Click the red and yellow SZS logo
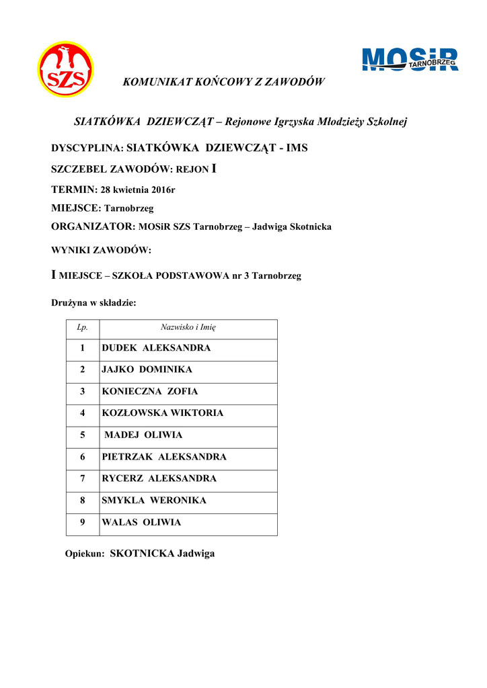pyautogui.click(x=65, y=70)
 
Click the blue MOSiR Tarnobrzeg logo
pyautogui.click(x=410, y=60)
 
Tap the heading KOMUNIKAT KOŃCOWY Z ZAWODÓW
pyautogui.click(x=223, y=82)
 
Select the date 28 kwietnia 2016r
pyautogui.click(x=138, y=190)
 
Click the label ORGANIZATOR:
pyautogui.click(x=93, y=227)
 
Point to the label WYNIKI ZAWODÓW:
pyautogui.click(x=102, y=250)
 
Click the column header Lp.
pyautogui.click(x=83, y=328)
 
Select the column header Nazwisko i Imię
pyautogui.click(x=188, y=328)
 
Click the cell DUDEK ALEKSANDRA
pyautogui.click(x=156, y=348)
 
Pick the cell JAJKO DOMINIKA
pyautogui.click(x=147, y=370)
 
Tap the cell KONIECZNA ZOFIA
pyautogui.click(x=149, y=391)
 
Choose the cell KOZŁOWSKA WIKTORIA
pyautogui.click(x=162, y=413)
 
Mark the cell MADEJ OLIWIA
pyautogui.click(x=143, y=435)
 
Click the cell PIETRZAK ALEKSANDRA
pyautogui.click(x=164, y=457)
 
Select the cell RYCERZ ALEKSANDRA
pyautogui.click(x=159, y=478)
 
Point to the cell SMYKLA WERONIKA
pyautogui.click(x=154, y=501)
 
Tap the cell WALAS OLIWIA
pyautogui.click(x=141, y=522)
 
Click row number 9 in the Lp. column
pyautogui.click(x=83, y=522)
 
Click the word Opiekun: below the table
pyautogui.click(x=85, y=554)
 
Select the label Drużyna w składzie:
pyautogui.click(x=94, y=303)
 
